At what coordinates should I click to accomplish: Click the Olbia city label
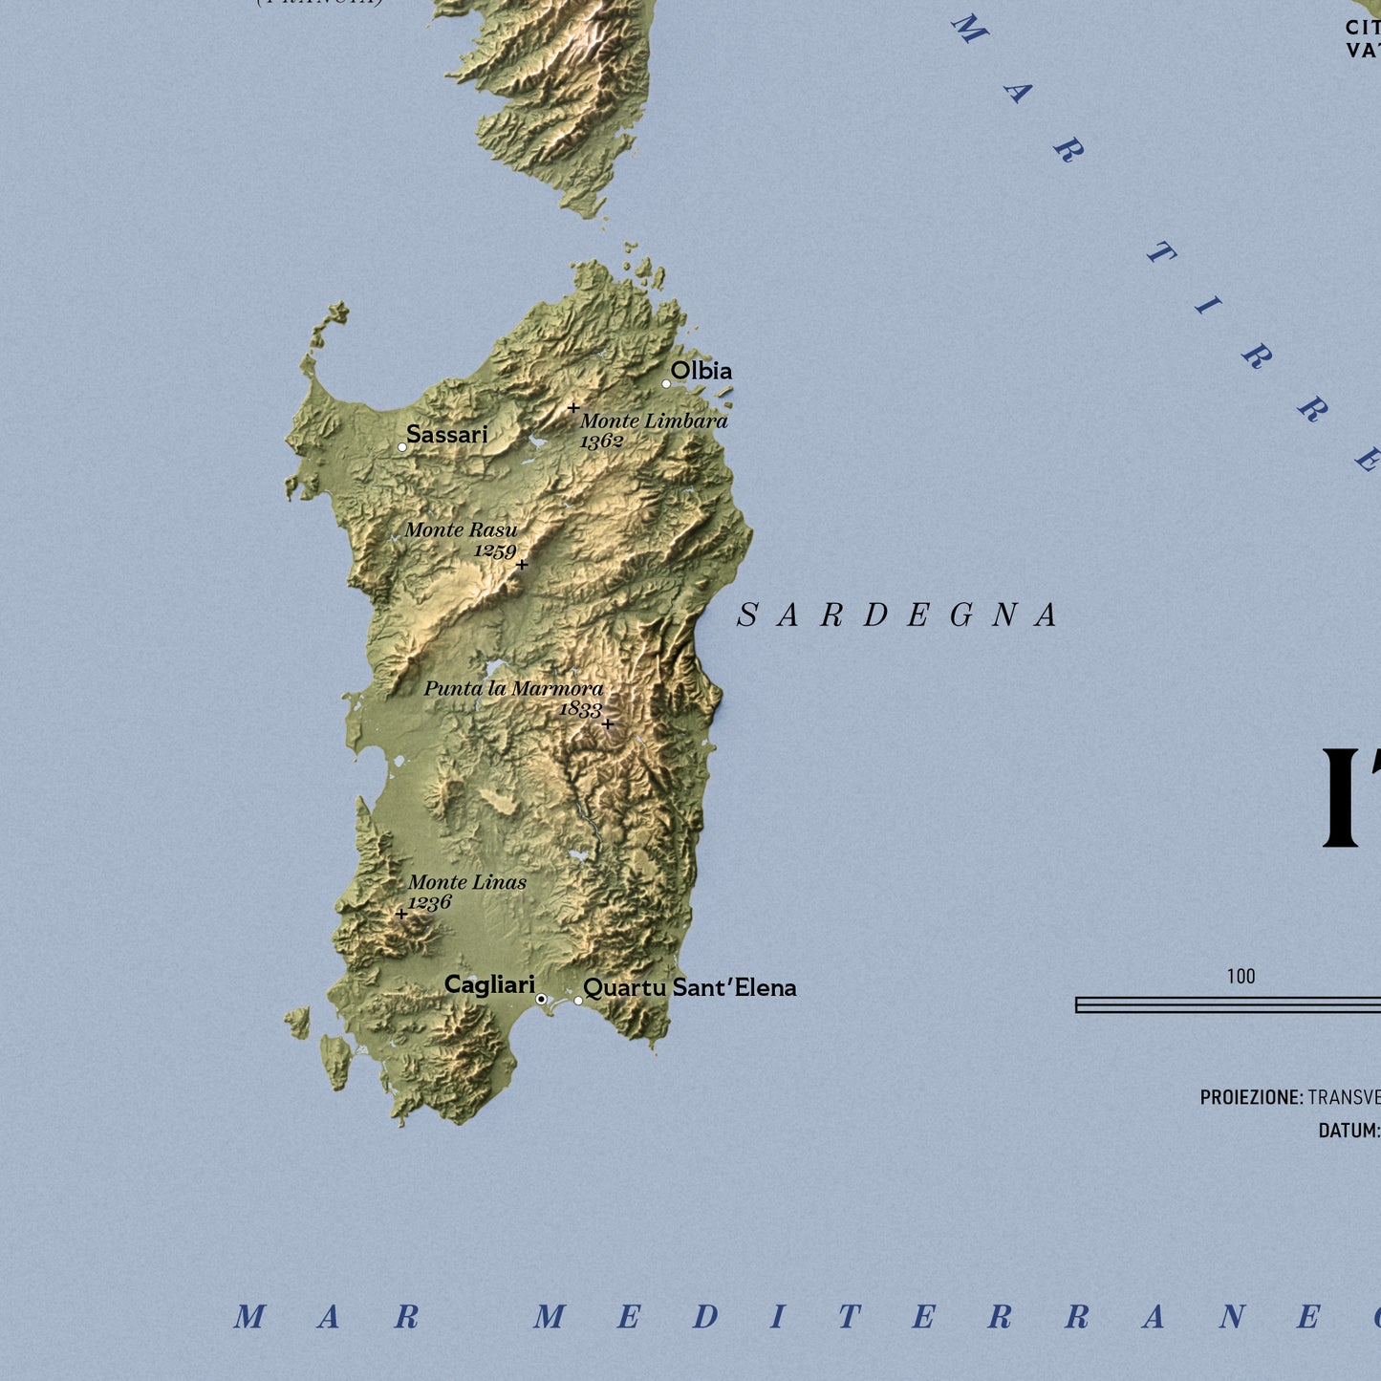point(701,371)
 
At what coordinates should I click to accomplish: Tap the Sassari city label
point(446,435)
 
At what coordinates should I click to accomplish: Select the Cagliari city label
point(489,985)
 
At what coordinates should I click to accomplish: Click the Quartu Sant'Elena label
point(689,988)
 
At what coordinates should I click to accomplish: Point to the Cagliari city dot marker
point(541,999)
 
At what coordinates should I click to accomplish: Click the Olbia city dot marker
point(666,384)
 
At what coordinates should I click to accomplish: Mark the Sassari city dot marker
point(402,447)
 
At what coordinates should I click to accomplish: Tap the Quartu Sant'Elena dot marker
point(578,1001)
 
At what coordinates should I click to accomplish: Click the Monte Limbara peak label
point(654,421)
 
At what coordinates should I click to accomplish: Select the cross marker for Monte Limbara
point(573,408)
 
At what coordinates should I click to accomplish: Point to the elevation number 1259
point(495,551)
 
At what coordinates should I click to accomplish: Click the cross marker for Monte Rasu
point(522,565)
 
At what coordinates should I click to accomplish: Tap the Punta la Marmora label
point(513,688)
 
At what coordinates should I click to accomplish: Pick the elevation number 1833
point(580,709)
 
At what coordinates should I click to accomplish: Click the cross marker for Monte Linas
point(401,914)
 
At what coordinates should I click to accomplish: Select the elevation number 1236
point(429,903)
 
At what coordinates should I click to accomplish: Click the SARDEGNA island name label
point(897,615)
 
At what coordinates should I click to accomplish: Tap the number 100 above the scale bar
point(1241,977)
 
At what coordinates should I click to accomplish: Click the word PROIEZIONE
point(1251,1097)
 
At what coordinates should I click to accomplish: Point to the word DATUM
point(1348,1131)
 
